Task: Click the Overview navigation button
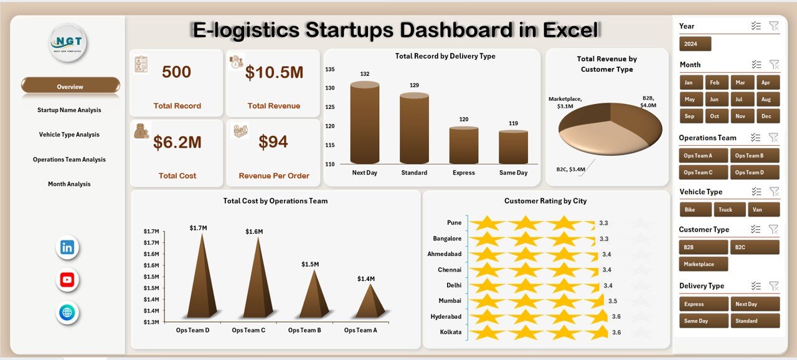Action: click(x=70, y=87)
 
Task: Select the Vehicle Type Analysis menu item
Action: click(x=69, y=135)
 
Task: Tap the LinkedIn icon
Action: click(x=67, y=248)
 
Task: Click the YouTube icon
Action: click(x=67, y=280)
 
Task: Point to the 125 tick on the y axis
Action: click(x=329, y=107)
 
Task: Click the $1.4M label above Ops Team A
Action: click(x=365, y=278)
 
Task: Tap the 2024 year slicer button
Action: click(x=695, y=44)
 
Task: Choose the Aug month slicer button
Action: click(x=765, y=99)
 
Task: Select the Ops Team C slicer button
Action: click(x=703, y=173)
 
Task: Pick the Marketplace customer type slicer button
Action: click(x=703, y=264)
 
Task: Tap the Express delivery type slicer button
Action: click(x=703, y=304)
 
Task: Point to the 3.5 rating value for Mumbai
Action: click(x=613, y=301)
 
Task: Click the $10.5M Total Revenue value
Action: click(x=274, y=73)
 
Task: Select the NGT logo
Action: click(x=68, y=43)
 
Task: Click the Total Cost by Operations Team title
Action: click(x=275, y=201)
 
